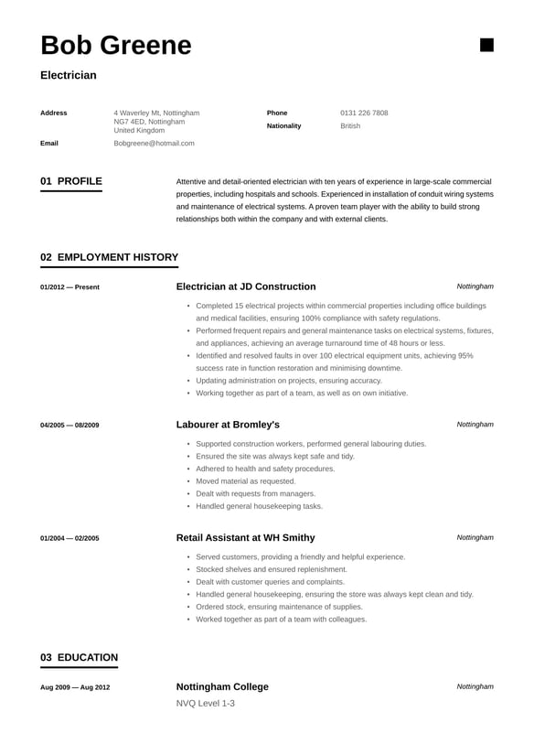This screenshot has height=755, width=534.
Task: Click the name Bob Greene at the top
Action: (x=116, y=45)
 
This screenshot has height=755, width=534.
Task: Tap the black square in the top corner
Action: (x=486, y=45)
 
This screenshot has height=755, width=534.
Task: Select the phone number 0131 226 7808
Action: (x=364, y=113)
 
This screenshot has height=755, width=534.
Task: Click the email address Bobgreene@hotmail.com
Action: (x=154, y=144)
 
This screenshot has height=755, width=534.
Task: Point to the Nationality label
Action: (x=283, y=125)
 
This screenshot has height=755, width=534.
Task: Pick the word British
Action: (x=350, y=125)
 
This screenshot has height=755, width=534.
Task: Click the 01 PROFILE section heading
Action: (x=71, y=181)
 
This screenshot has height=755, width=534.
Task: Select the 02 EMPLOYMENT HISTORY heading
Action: (x=109, y=257)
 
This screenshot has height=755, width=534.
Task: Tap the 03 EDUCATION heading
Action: (x=79, y=657)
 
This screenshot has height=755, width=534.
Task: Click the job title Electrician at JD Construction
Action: (x=245, y=286)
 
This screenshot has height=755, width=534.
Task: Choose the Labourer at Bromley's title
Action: (x=228, y=425)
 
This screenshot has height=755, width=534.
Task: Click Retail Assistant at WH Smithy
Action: (x=245, y=537)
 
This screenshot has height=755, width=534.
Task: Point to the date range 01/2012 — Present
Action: (x=69, y=287)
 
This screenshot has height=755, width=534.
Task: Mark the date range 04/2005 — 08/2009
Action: (x=69, y=426)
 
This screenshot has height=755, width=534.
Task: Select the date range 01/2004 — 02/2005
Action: (x=69, y=538)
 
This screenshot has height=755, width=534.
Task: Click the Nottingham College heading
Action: (x=222, y=686)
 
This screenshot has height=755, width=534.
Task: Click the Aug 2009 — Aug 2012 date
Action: (x=75, y=687)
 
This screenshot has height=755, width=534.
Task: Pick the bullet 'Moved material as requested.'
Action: (x=245, y=480)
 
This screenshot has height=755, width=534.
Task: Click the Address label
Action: (x=54, y=113)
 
